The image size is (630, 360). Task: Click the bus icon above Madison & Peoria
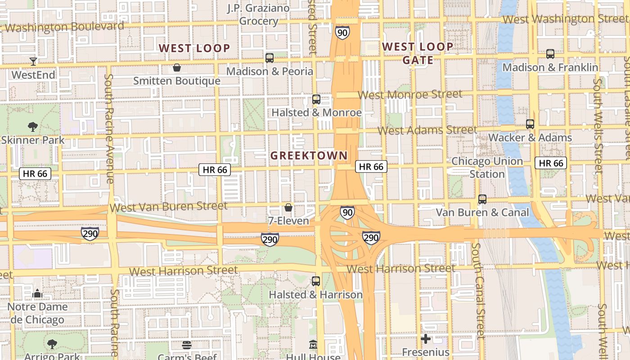tap(270, 58)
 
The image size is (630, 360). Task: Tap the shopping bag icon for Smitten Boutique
tap(177, 68)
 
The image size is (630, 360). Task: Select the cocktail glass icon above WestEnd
tap(33, 61)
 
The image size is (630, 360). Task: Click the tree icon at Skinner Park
tap(32, 127)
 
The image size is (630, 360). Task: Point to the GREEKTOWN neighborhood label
tap(309, 156)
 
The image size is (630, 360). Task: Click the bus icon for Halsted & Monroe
tap(316, 99)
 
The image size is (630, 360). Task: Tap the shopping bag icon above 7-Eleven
tap(288, 207)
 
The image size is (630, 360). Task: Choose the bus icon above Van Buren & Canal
tap(482, 199)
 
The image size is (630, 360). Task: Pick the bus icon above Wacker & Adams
tap(530, 124)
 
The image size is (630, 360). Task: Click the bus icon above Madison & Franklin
tap(550, 54)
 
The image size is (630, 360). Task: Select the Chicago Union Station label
tap(487, 167)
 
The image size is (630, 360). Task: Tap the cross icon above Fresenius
tap(426, 339)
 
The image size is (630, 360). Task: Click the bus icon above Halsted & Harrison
tap(316, 281)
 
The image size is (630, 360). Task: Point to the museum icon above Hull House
tap(313, 345)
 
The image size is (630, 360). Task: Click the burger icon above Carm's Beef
tap(187, 345)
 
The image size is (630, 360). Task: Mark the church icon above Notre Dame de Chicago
tap(37, 294)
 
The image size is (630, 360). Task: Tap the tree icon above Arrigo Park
tap(52, 344)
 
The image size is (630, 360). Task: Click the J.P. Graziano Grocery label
tap(258, 14)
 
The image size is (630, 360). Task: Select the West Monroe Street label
tap(410, 94)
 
